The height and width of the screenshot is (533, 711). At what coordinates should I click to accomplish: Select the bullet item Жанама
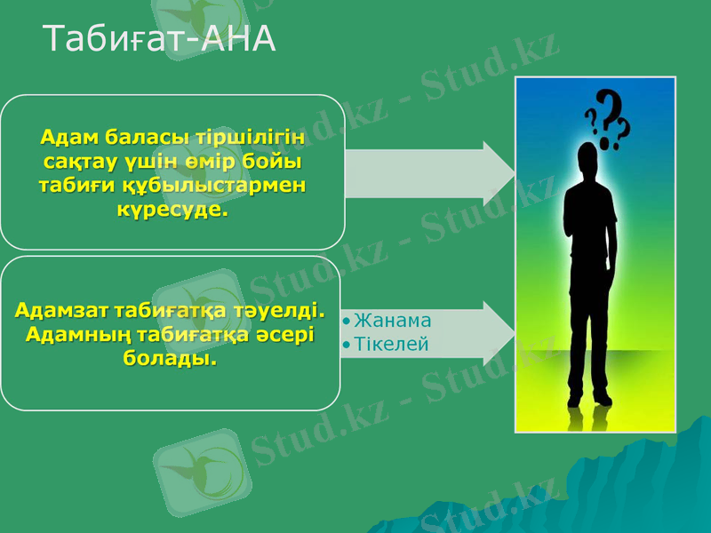coord(392,321)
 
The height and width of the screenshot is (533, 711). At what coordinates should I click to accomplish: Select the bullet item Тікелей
coord(391,344)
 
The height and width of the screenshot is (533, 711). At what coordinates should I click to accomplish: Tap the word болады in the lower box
coord(169,360)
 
